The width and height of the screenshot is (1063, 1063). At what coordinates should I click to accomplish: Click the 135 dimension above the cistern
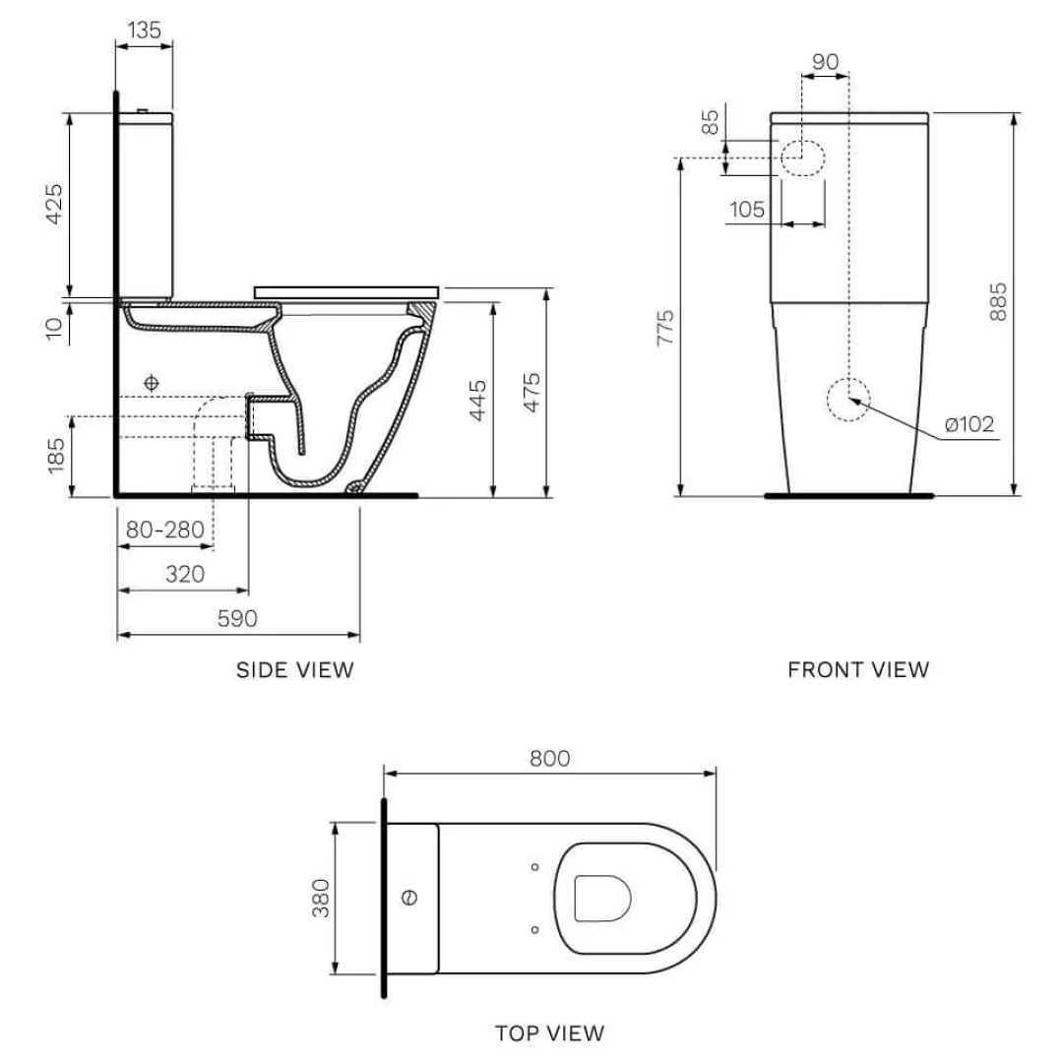(x=145, y=31)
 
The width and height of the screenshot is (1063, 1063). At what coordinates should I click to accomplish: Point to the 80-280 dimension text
(x=164, y=531)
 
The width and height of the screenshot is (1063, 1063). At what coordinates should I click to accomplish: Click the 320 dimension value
(x=184, y=574)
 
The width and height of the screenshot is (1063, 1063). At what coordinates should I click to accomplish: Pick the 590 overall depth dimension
(x=237, y=618)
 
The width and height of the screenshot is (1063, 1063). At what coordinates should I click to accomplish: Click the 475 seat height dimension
(x=531, y=394)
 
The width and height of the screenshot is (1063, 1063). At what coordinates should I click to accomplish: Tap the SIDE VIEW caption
(x=294, y=670)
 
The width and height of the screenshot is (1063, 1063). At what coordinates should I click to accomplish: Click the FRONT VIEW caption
(x=857, y=670)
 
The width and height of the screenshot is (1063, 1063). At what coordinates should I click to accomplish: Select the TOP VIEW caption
(x=549, y=1032)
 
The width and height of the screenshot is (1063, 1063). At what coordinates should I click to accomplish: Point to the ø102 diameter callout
(x=969, y=424)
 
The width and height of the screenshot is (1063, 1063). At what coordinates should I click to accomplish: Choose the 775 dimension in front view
(x=666, y=327)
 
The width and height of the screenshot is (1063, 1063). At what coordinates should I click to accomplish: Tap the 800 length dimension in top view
(x=549, y=758)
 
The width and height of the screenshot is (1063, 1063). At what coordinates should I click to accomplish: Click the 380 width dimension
(x=321, y=898)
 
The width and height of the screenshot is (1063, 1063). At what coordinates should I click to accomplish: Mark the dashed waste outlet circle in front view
(x=847, y=400)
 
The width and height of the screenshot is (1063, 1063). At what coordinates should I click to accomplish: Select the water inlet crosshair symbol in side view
(x=151, y=382)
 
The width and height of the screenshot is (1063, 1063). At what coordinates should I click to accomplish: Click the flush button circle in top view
(x=411, y=897)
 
